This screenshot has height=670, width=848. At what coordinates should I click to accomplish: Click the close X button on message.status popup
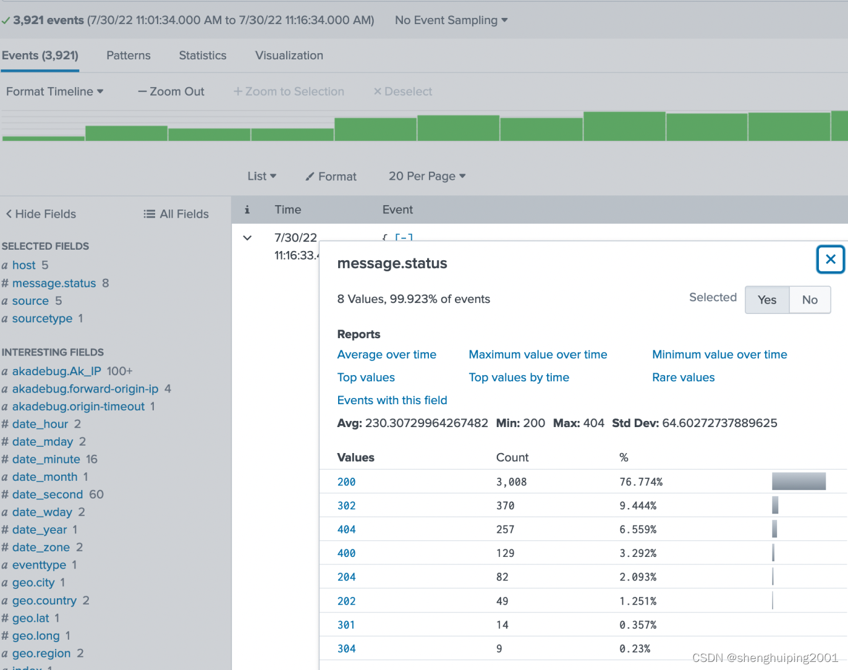830,260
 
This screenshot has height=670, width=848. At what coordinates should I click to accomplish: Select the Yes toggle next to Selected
766,300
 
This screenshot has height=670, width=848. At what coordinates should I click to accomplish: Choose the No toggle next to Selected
810,300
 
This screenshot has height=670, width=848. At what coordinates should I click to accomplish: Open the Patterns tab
129,56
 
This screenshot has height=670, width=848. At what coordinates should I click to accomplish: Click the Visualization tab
289,56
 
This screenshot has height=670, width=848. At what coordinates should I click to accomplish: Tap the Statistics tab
203,56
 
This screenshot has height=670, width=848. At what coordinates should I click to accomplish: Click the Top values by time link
519,378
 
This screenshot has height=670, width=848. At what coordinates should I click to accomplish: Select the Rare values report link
683,378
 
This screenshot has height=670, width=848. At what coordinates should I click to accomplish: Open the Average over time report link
386,355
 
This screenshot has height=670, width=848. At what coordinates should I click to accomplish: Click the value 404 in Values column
346,530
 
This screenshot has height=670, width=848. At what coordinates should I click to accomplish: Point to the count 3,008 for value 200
511,482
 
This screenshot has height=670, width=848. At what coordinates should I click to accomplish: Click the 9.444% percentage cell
637,506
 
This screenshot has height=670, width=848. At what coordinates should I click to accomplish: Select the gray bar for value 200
799,481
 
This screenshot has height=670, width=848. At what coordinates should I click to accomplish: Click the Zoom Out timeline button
171,91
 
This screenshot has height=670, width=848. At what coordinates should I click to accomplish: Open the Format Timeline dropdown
54,91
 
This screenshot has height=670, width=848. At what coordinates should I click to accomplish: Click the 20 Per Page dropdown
426,176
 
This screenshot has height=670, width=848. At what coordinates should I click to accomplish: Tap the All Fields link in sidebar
176,214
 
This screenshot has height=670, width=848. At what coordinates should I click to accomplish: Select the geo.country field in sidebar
45,601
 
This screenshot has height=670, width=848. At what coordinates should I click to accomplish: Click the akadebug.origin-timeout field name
78,407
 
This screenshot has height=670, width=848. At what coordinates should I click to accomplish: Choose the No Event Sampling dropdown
451,20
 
